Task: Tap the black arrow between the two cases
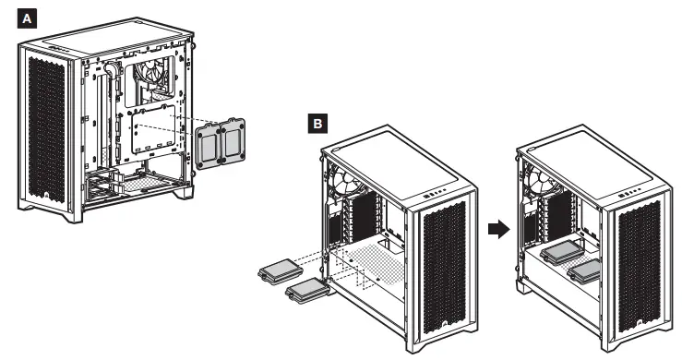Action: (x=498, y=229)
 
